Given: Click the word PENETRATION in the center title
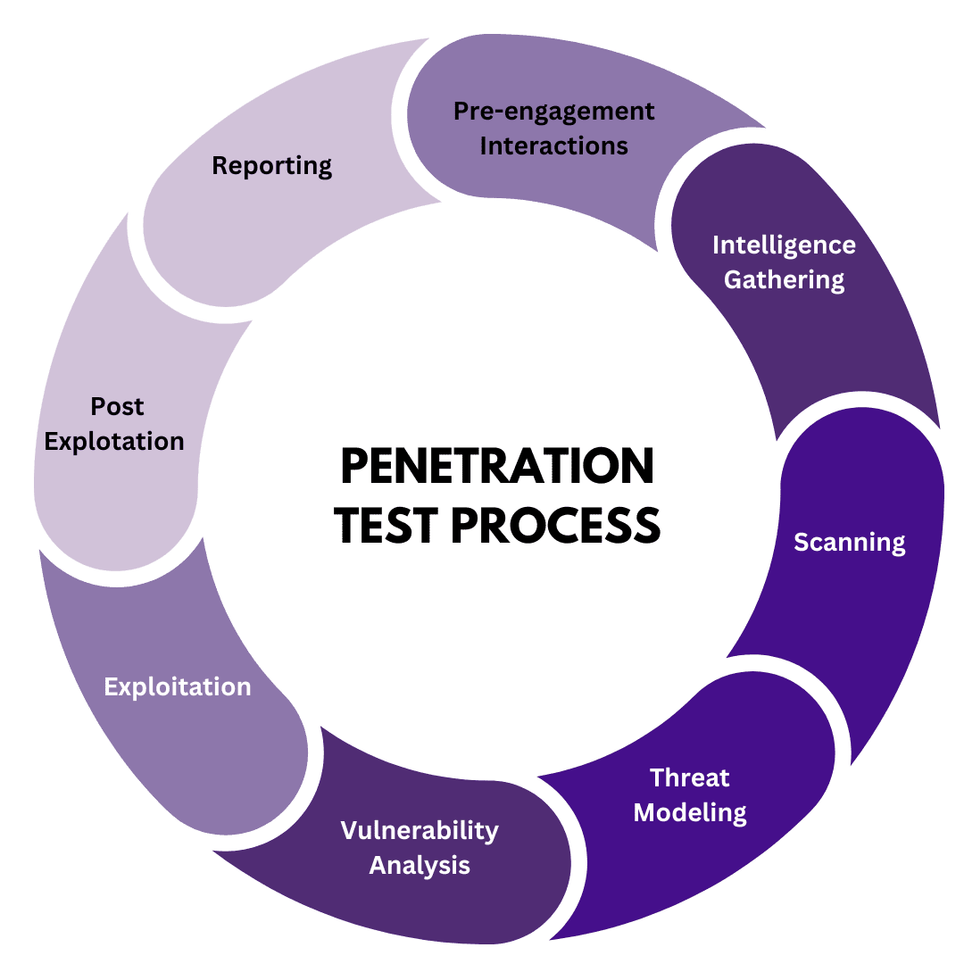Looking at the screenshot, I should click(x=497, y=467).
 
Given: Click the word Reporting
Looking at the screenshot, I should click(x=271, y=166).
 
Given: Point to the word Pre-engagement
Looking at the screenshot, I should click(x=553, y=112).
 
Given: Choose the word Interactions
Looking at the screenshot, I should click(x=553, y=145).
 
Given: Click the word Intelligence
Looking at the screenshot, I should click(x=784, y=245).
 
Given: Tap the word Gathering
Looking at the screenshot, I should click(x=784, y=279).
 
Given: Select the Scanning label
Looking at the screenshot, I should click(x=849, y=542).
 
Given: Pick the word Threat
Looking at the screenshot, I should click(x=689, y=777).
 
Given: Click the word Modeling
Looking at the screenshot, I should click(x=689, y=812).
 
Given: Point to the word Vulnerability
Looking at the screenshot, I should click(x=420, y=831).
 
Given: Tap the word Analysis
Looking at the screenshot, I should click(x=420, y=865).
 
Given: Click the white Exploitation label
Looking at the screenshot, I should click(x=178, y=686).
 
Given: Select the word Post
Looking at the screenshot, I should click(x=117, y=407).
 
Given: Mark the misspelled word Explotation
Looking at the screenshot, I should click(x=114, y=441).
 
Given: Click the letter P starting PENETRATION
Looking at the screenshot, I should click(x=355, y=467).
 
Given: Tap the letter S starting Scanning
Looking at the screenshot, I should click(x=802, y=542).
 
